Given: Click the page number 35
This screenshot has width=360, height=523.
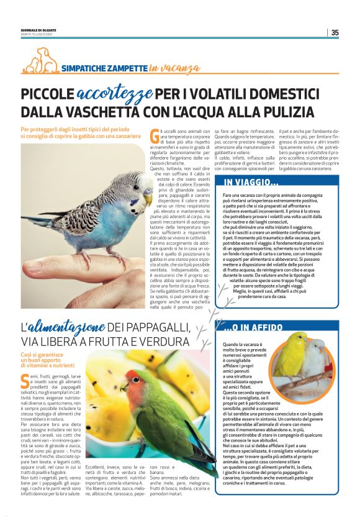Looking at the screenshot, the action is coord(335,33).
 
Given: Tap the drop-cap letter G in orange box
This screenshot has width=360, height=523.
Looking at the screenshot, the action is coord(155,136).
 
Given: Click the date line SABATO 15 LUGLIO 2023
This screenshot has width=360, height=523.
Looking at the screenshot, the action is coord(38,35).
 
